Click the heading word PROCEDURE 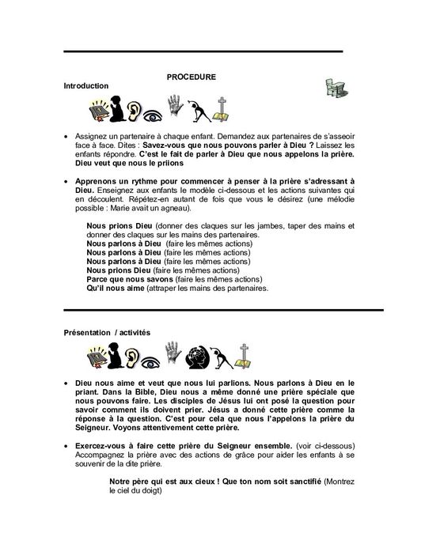click(x=191, y=76)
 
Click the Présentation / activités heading click(x=107, y=332)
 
